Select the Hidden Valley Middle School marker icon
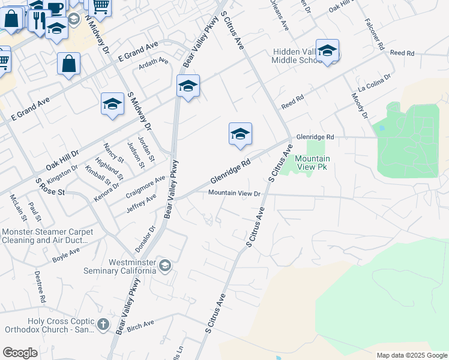327,52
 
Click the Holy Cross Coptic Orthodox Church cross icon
103,325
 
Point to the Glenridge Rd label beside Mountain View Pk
315,137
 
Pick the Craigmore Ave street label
146,187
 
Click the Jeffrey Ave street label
142,203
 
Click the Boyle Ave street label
66,254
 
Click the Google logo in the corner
20,353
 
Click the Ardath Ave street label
154,62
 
